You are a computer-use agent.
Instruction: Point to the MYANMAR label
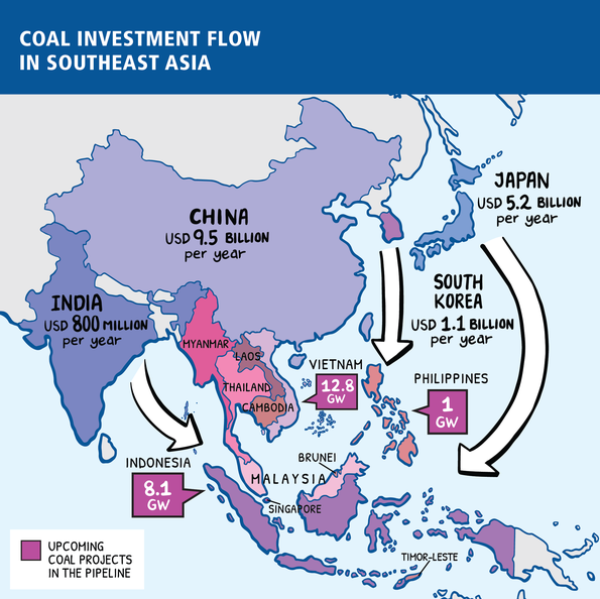pyautogui.click(x=206, y=345)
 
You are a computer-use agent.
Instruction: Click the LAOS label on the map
pyautogui.click(x=247, y=356)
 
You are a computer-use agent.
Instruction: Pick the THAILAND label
pyautogui.click(x=247, y=387)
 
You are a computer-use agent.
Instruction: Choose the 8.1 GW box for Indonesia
pyautogui.click(x=157, y=495)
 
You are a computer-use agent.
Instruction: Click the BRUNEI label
pyautogui.click(x=344, y=457)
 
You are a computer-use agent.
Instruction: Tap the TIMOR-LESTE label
pyautogui.click(x=429, y=556)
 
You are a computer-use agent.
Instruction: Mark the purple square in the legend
pyautogui.click(x=32, y=550)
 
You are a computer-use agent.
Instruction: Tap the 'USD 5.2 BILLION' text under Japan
pyautogui.click(x=528, y=203)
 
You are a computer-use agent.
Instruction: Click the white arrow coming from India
pyautogui.click(x=175, y=410)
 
